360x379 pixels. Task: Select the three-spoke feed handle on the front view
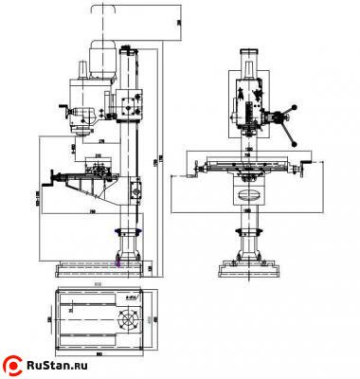281,117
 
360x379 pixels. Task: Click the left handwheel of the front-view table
197,170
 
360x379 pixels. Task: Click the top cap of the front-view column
251,52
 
